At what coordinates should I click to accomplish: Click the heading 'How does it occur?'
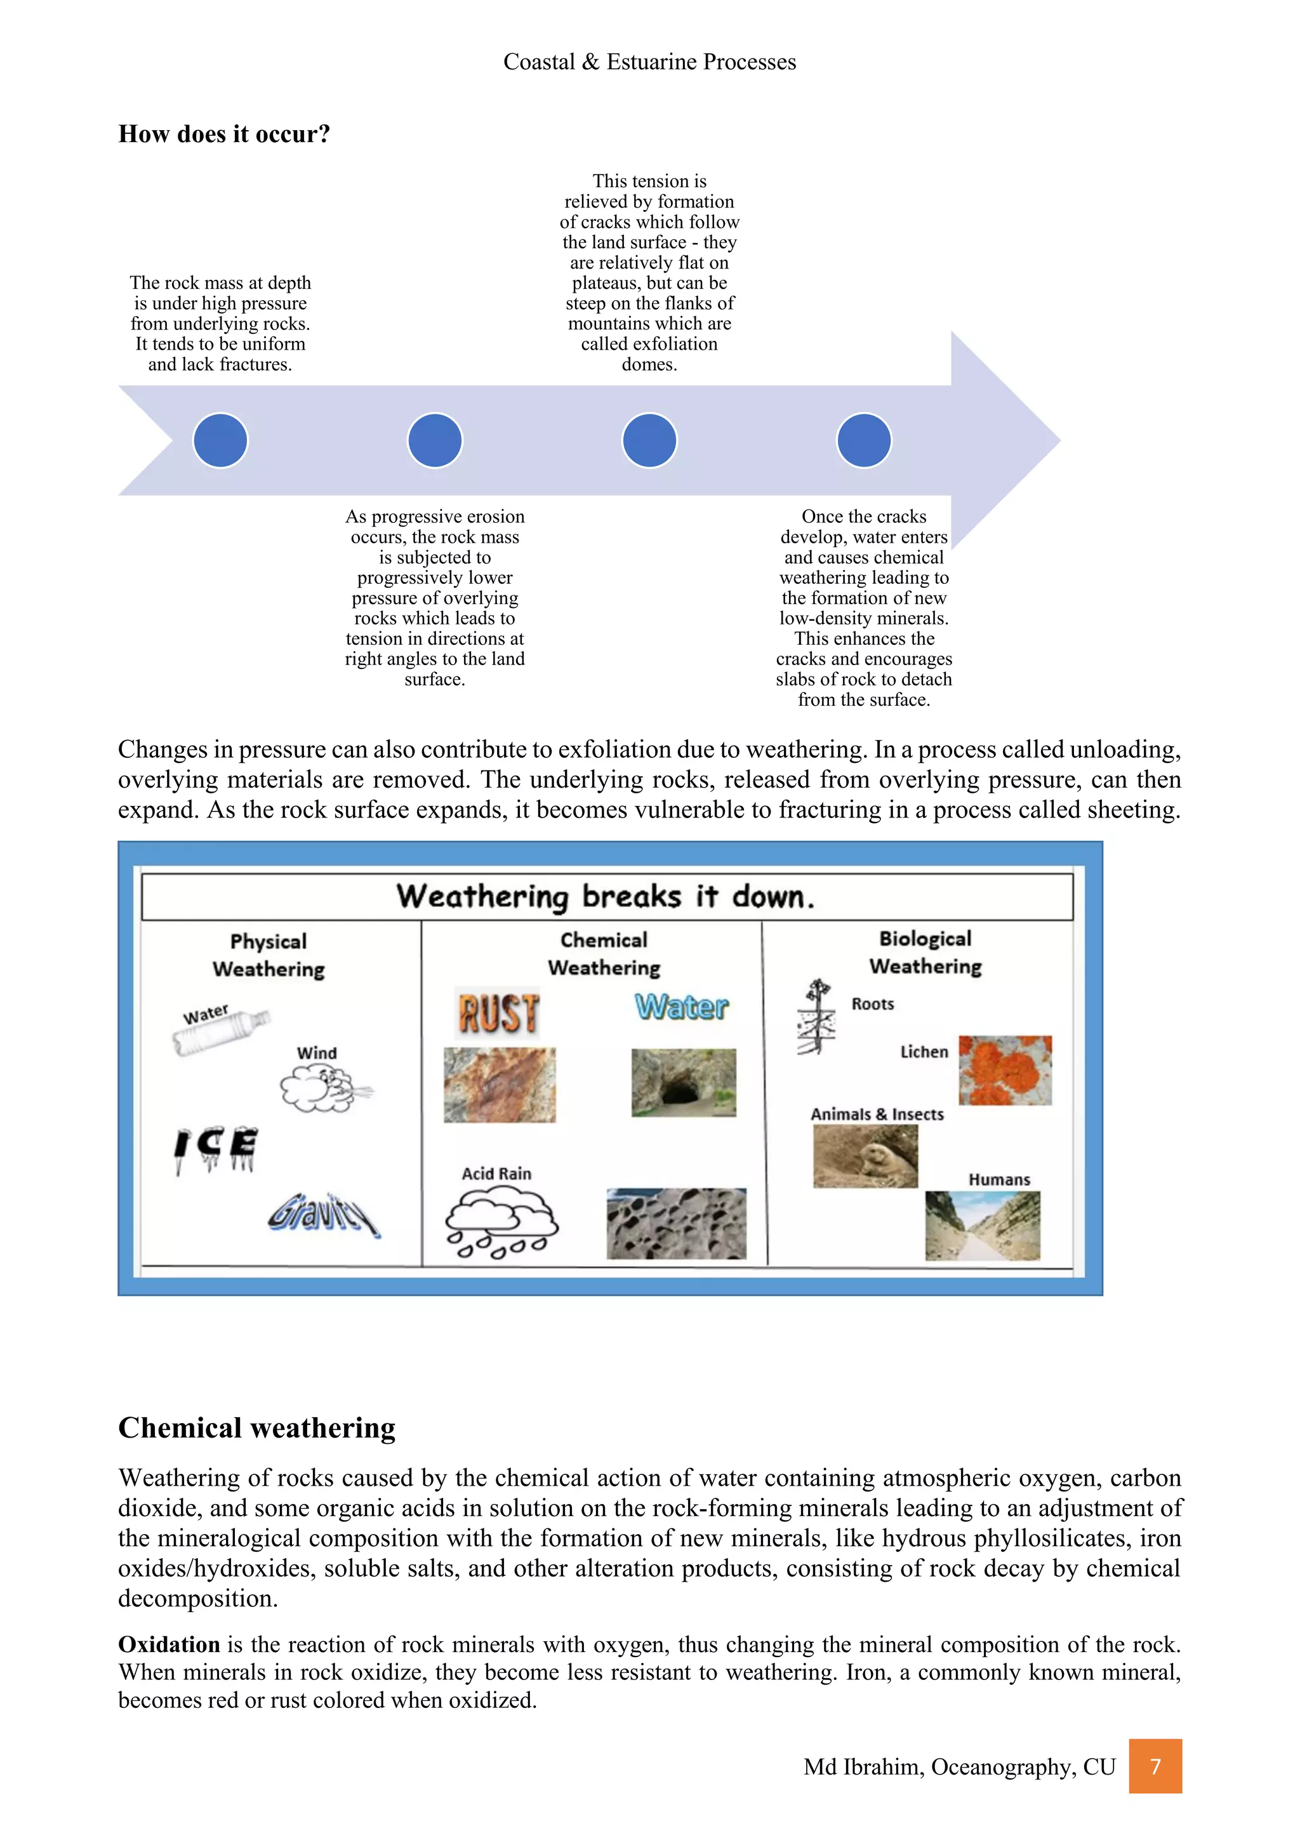224,134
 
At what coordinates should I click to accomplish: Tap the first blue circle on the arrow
220,440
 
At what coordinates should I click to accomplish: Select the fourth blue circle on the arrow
864,440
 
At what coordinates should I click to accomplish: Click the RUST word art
498,1013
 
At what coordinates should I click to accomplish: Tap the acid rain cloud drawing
501,1222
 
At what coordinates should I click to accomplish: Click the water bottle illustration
222,1032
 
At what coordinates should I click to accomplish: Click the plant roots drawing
816,1016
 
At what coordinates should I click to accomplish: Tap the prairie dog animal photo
865,1156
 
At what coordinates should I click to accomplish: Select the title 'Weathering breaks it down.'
606,897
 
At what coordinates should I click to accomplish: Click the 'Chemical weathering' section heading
257,1427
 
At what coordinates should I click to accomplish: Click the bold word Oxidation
169,1644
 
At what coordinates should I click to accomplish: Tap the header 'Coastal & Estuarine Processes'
649,62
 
